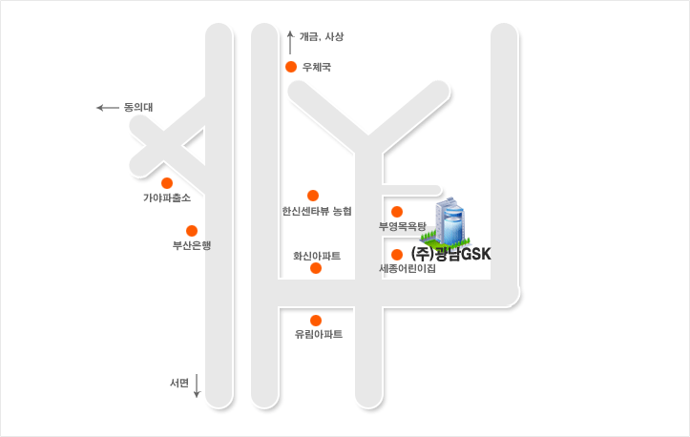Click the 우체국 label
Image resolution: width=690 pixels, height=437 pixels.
click(316, 67)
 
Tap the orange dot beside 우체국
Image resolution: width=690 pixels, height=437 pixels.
click(291, 67)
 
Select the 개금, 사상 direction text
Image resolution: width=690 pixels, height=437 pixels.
click(321, 36)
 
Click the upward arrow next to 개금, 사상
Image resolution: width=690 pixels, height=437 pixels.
click(290, 41)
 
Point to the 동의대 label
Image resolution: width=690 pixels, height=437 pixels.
click(138, 108)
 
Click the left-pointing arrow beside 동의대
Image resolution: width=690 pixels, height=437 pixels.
click(107, 108)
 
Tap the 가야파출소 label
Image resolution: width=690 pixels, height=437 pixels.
click(166, 198)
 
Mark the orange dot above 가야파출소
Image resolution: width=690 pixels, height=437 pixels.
click(167, 182)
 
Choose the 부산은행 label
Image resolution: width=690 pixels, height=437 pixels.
click(191, 245)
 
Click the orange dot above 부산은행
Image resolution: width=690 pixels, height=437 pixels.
click(192, 230)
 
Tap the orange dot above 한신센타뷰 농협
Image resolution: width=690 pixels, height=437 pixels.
click(313, 195)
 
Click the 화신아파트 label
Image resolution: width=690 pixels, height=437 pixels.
click(317, 256)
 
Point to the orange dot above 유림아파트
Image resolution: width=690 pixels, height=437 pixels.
click(316, 320)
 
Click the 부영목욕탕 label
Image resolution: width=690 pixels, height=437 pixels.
click(402, 227)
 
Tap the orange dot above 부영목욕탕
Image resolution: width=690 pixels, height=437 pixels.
click(397, 211)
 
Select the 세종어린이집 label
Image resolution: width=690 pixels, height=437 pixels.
click(408, 269)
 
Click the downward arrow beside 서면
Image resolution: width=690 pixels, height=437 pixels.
click(197, 385)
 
